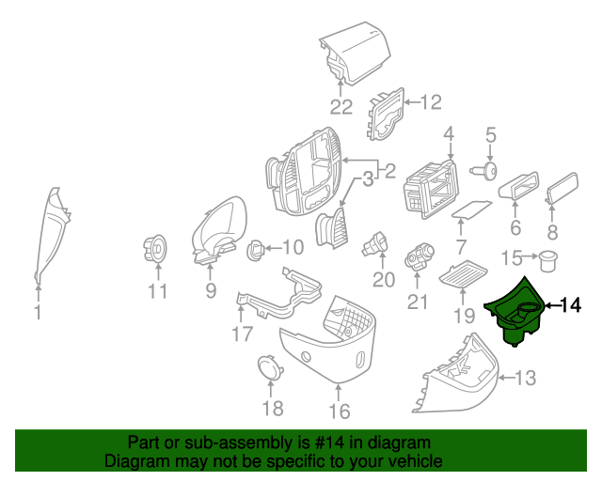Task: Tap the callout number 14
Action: point(571,305)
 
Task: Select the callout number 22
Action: point(341,105)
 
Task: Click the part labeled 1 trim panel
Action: point(50,235)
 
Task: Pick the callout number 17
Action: point(242,333)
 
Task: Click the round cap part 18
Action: point(270,366)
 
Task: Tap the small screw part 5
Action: point(488,170)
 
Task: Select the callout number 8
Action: point(552,230)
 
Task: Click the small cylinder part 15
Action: point(545,257)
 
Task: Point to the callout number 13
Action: point(525,378)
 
